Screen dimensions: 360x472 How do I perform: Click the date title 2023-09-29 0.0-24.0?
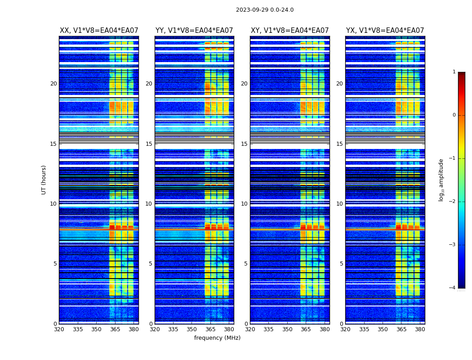[265, 10]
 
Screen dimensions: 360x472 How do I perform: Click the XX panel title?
[99, 31]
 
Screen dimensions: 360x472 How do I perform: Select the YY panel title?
[194, 31]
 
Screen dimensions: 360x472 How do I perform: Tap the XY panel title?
[289, 31]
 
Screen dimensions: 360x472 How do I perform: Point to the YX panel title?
[385, 31]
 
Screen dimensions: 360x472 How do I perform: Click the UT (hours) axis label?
[44, 180]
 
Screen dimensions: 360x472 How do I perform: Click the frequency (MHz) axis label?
[217, 338]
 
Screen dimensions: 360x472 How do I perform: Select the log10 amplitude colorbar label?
[441, 180]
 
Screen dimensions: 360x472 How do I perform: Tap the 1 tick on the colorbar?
[454, 72]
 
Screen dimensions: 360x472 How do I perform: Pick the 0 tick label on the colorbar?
[454, 115]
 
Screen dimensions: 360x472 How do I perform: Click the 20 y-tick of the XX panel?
[53, 84]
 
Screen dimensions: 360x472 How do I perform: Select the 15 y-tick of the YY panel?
[149, 144]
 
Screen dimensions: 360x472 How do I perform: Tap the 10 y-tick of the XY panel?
[244, 204]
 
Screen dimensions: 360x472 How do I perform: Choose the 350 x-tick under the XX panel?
[96, 329]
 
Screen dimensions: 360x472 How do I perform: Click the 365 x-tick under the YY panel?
[210, 329]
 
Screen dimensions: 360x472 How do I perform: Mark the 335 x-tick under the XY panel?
[268, 329]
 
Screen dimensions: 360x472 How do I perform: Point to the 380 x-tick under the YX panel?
[420, 329]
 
